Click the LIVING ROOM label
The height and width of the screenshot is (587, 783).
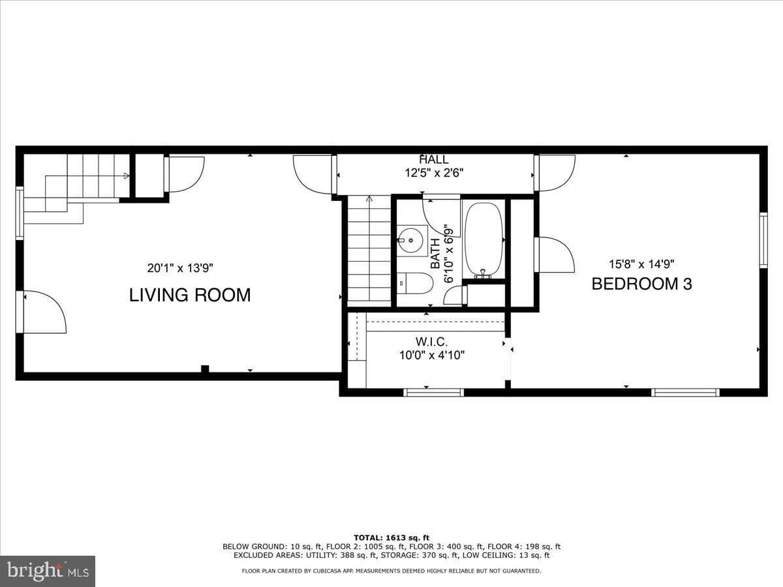pyautogui.click(x=190, y=295)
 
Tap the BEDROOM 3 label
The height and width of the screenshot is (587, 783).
pyautogui.click(x=642, y=284)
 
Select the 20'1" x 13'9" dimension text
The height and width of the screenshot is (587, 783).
pyautogui.click(x=180, y=267)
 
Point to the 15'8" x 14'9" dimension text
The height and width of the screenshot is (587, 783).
pyautogui.click(x=641, y=264)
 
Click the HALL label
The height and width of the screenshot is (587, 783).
pyautogui.click(x=434, y=159)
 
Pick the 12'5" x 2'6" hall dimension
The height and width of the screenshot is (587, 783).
pyautogui.click(x=434, y=173)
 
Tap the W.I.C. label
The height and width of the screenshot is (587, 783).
pyautogui.click(x=431, y=342)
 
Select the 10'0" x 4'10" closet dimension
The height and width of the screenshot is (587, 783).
pyautogui.click(x=432, y=355)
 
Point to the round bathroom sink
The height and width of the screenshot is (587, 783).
pyautogui.click(x=410, y=241)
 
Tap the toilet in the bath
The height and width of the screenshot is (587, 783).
pyautogui.click(x=415, y=283)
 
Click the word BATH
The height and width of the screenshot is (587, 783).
pyautogui.click(x=435, y=254)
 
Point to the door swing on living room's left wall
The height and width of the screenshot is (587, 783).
pyautogui.click(x=45, y=312)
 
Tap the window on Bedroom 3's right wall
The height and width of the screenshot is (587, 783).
pyautogui.click(x=763, y=240)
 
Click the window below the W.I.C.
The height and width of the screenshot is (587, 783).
pyautogui.click(x=433, y=393)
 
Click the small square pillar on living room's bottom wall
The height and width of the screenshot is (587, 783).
pyautogui.click(x=205, y=369)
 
